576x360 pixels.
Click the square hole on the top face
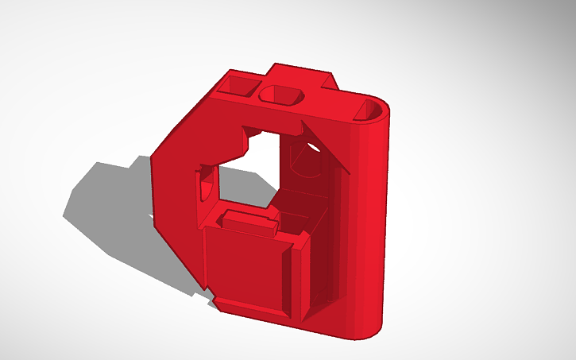coord(240,84)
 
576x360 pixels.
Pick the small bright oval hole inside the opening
coord(313,146)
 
